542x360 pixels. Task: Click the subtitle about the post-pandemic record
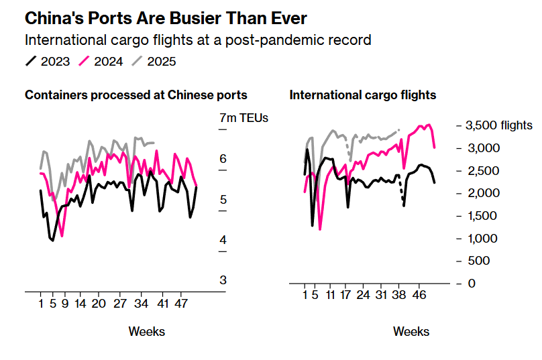[x=198, y=40]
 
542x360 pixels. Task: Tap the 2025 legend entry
[x=154, y=62]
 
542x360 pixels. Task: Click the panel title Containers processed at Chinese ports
[x=136, y=95]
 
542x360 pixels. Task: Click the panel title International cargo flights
[x=363, y=95]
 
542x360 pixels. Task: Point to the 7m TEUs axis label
[x=243, y=118]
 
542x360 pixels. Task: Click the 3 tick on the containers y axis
[x=223, y=280]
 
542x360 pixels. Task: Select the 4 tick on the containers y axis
[x=223, y=240]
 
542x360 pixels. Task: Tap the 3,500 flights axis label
[x=498, y=125]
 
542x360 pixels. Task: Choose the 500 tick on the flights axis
[x=478, y=261]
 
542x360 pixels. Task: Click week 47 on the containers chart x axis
[x=181, y=303]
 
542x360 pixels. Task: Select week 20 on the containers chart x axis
[x=98, y=303]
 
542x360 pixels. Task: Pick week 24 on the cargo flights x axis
[x=363, y=294]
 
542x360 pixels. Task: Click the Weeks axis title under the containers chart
[x=146, y=331]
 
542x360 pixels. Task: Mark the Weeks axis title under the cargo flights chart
[x=411, y=331]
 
